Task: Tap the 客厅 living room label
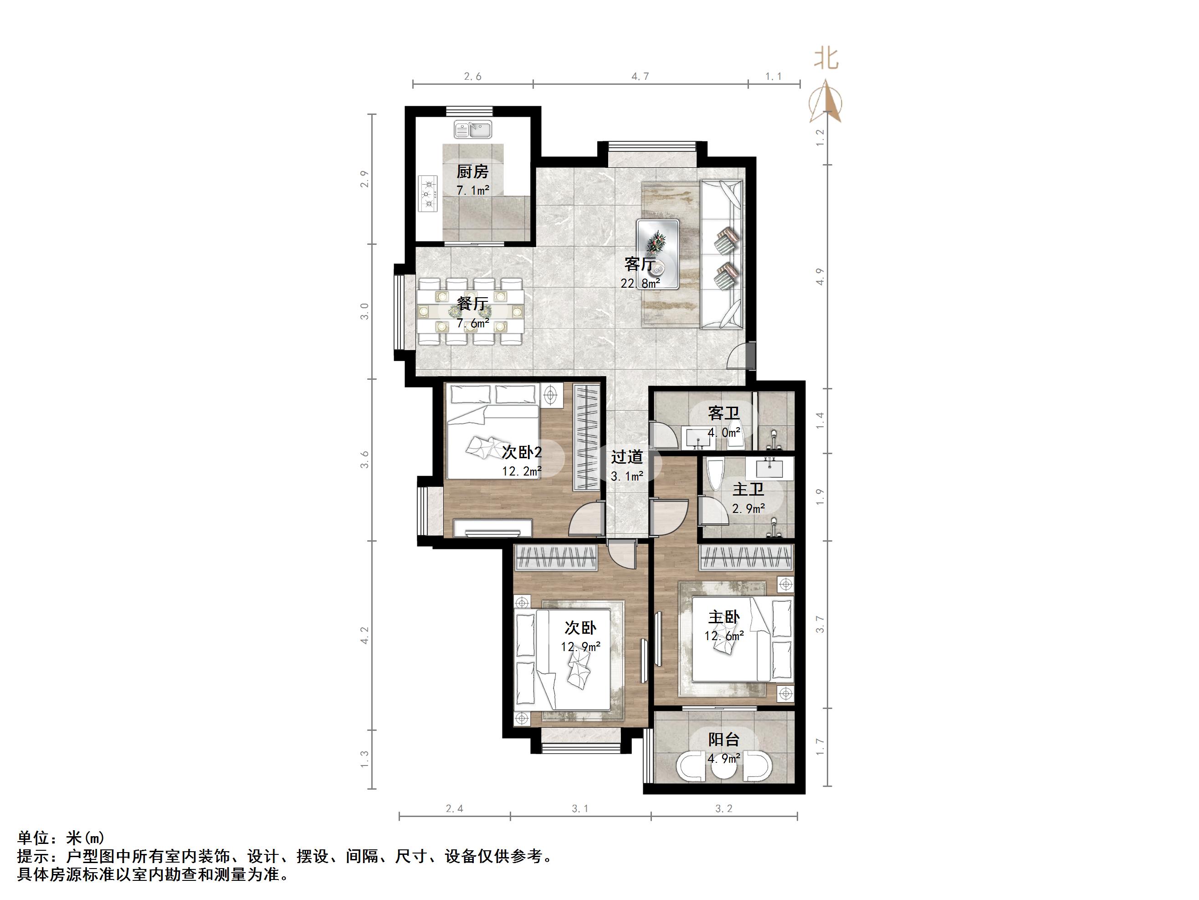(x=640, y=264)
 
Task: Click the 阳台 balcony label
(x=723, y=740)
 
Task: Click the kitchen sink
(x=473, y=130)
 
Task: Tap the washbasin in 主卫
(x=769, y=468)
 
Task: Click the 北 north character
(x=826, y=59)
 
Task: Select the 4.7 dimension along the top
(x=640, y=77)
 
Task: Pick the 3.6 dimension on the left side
(x=365, y=460)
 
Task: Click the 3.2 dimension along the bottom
(x=723, y=809)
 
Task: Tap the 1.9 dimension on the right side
(x=820, y=497)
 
